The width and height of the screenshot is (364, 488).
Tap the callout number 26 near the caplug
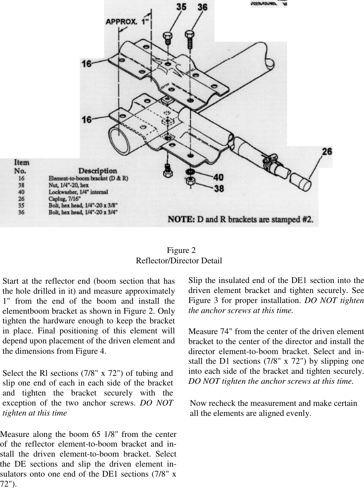[x=327, y=152]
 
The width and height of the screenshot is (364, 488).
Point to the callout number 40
[x=218, y=177]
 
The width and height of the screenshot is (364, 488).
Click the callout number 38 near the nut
[x=218, y=188]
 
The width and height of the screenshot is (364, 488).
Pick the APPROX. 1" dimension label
[x=128, y=22]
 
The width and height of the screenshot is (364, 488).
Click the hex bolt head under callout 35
[x=167, y=36]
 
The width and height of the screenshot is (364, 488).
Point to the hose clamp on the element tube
[x=271, y=162]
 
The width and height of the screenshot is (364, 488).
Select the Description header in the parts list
[x=98, y=170]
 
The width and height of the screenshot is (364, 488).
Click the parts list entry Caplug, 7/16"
[x=65, y=198]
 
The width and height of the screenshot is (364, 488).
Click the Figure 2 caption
[x=181, y=250]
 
